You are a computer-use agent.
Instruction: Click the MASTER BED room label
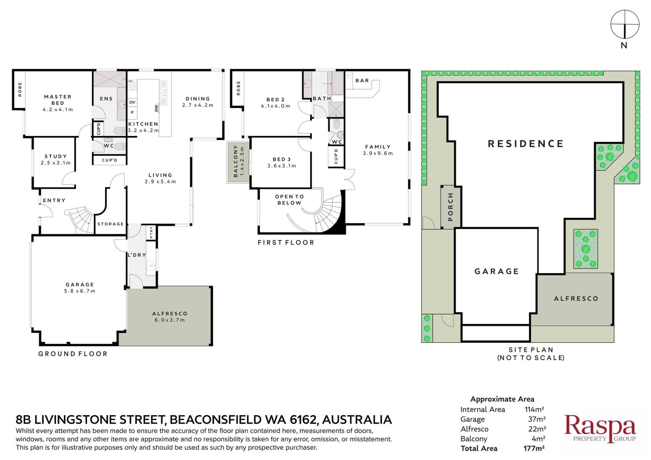coord(58,100)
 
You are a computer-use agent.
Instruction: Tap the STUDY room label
coord(56,156)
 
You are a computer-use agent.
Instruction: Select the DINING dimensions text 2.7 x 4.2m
coord(198,105)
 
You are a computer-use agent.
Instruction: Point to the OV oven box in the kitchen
coord(132,102)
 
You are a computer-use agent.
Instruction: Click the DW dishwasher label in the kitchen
coord(156,108)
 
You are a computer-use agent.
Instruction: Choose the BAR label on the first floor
coord(362,81)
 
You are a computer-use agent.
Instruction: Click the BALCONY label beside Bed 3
coord(236,161)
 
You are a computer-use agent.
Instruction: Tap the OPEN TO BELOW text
coord(290,200)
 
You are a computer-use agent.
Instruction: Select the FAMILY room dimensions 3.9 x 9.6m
coord(378,153)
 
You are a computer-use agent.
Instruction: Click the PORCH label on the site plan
coord(451,207)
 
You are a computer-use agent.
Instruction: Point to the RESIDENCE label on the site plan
coord(526,144)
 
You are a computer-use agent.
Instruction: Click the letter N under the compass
coord(624,45)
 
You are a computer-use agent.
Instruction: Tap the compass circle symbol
coord(625,24)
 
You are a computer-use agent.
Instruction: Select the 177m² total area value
coord(534,448)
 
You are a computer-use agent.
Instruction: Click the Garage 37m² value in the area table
coord(537,419)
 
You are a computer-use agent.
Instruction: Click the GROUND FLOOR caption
coord(73,354)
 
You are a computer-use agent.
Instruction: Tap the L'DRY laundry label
coord(137,255)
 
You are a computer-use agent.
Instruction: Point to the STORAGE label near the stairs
coord(111,224)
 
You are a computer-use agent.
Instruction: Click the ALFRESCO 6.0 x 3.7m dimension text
coord(170,320)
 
